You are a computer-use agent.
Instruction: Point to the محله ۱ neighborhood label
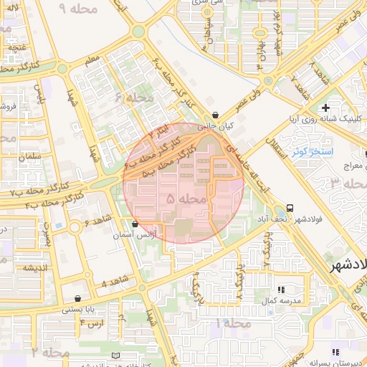pyautogui.click(x=233, y=324)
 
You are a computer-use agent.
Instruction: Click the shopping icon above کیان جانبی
pyautogui.click(x=216, y=115)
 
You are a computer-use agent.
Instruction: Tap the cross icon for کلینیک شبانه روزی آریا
pyautogui.click(x=325, y=107)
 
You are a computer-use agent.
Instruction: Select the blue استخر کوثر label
pyautogui.click(x=310, y=152)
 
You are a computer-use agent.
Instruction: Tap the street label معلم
pyautogui.click(x=94, y=63)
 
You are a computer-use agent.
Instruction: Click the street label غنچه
pyautogui.click(x=17, y=47)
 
